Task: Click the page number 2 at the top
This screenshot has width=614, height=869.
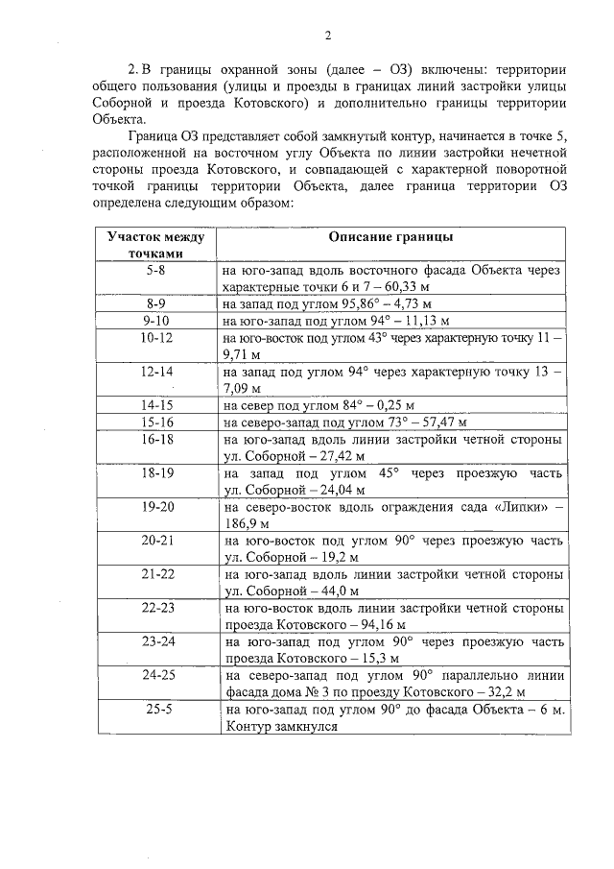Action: click(327, 37)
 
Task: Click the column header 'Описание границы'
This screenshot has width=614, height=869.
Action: click(390, 236)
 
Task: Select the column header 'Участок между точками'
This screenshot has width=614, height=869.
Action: click(155, 244)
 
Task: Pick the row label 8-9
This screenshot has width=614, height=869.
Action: click(155, 303)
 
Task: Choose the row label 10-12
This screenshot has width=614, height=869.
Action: click(155, 338)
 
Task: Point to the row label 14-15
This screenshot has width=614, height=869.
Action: click(155, 405)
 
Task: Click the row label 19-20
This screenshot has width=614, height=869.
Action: click(155, 505)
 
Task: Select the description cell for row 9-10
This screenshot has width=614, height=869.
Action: click(390, 321)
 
